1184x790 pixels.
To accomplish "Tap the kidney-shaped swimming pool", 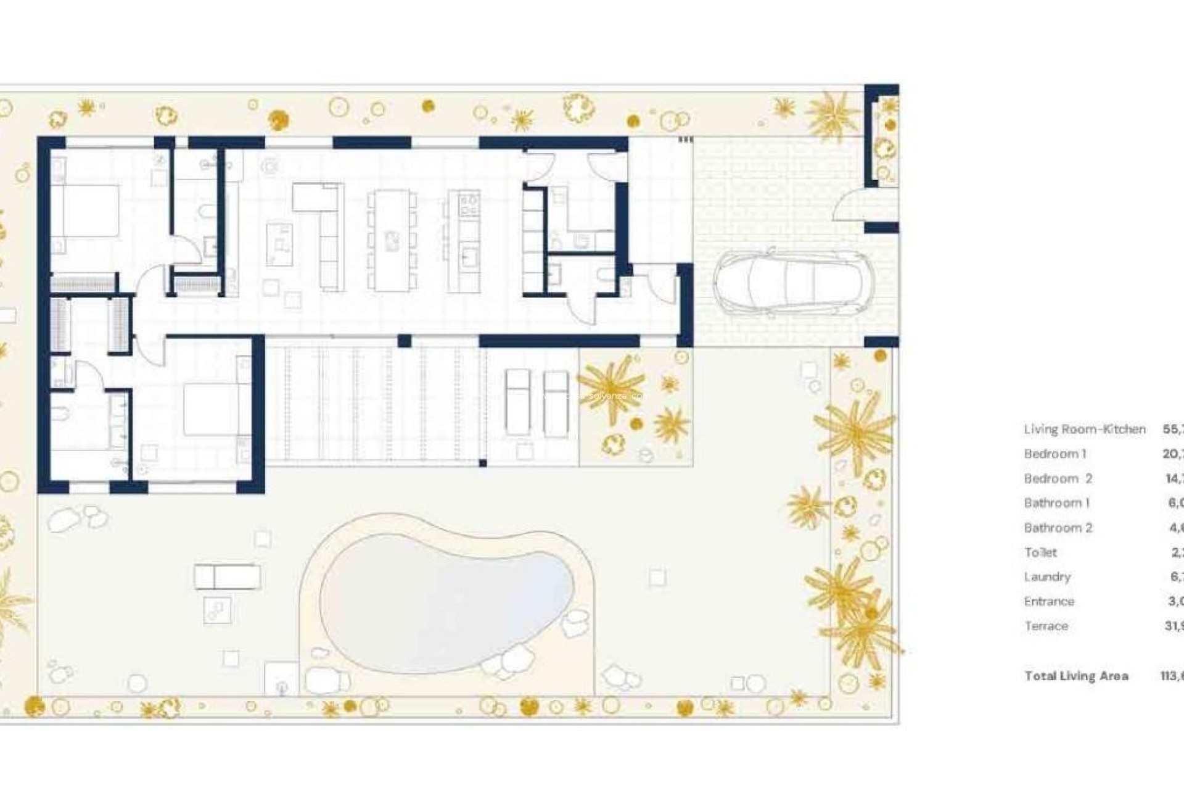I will [x=448, y=601].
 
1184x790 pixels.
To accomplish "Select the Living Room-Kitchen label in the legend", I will [x=1085, y=429].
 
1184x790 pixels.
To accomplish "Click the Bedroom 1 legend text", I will [x=1055, y=454].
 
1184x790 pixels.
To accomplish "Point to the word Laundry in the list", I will [x=1047, y=576].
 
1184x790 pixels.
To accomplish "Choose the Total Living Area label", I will [x=1076, y=676].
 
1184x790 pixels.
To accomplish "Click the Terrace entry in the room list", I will [x=1046, y=626].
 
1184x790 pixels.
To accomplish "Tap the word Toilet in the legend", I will [x=1040, y=552].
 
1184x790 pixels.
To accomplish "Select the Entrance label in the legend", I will [x=1049, y=601].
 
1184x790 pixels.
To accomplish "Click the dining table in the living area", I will [x=391, y=240].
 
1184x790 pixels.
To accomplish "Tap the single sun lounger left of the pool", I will [x=227, y=577].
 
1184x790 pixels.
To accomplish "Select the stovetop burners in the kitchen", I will [x=469, y=204].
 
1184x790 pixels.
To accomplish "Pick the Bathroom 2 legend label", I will [x=1058, y=528].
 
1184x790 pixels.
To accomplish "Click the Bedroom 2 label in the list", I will [x=1058, y=478].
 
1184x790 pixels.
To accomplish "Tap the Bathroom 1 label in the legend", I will [x=1057, y=503].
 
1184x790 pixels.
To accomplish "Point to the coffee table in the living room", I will [x=279, y=244].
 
